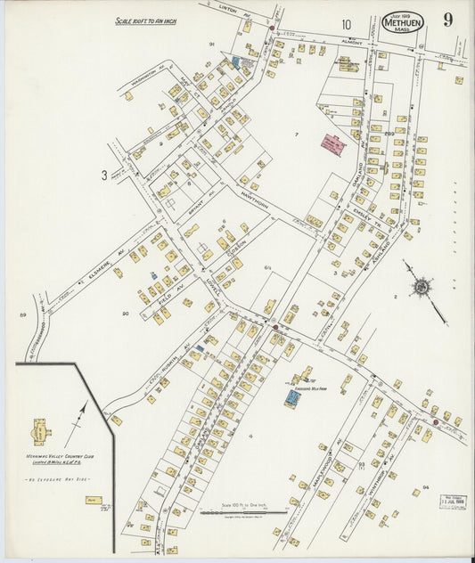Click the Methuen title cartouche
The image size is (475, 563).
point(403,22)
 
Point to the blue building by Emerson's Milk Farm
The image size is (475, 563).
point(291,398)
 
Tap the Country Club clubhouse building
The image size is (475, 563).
point(41,432)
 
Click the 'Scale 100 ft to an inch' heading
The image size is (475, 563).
point(146,20)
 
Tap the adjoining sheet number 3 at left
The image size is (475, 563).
point(104,175)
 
